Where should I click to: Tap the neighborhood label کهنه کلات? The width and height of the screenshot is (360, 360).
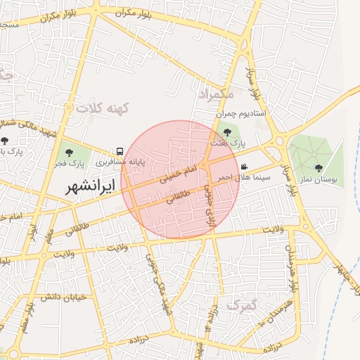[x=104, y=108]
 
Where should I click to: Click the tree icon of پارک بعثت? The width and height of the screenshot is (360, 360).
[x=226, y=131]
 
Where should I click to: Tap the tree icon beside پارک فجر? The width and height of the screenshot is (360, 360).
[x=68, y=151]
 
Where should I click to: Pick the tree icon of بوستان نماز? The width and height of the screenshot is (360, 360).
[x=319, y=167]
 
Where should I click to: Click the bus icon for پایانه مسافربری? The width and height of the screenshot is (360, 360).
[x=121, y=151]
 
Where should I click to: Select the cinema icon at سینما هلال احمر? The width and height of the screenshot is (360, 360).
[x=243, y=167]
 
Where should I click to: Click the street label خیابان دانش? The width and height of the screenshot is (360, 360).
[x=62, y=297]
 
